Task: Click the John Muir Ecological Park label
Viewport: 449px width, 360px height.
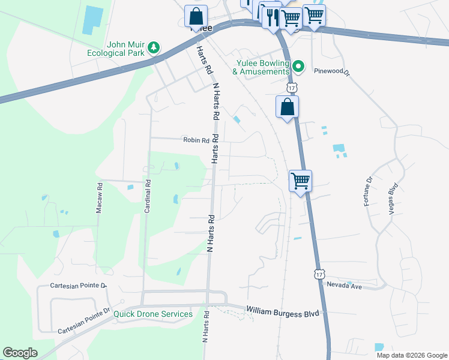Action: (125, 48)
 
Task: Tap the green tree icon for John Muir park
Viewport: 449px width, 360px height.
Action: (155, 47)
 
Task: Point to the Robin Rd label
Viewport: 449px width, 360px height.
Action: (196, 140)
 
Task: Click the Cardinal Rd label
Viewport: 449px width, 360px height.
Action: (147, 197)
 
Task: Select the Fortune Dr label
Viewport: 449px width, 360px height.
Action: (368, 191)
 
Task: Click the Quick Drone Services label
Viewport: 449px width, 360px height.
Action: (154, 314)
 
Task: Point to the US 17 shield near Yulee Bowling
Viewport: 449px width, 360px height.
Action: (292, 88)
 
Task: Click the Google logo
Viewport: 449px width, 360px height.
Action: (20, 353)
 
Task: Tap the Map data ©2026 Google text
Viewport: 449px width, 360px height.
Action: (411, 355)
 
